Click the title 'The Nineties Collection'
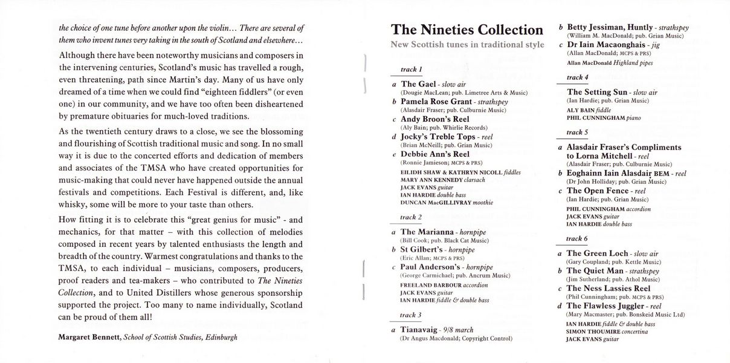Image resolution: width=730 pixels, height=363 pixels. (467, 30)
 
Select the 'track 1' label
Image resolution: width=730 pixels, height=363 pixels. (412, 70)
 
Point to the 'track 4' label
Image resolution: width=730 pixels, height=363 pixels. (578, 77)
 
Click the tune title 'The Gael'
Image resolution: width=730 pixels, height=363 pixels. (417, 84)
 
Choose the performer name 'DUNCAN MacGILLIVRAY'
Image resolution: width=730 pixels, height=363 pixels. (436, 203)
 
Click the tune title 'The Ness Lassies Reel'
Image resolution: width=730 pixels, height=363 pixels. (609, 289)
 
